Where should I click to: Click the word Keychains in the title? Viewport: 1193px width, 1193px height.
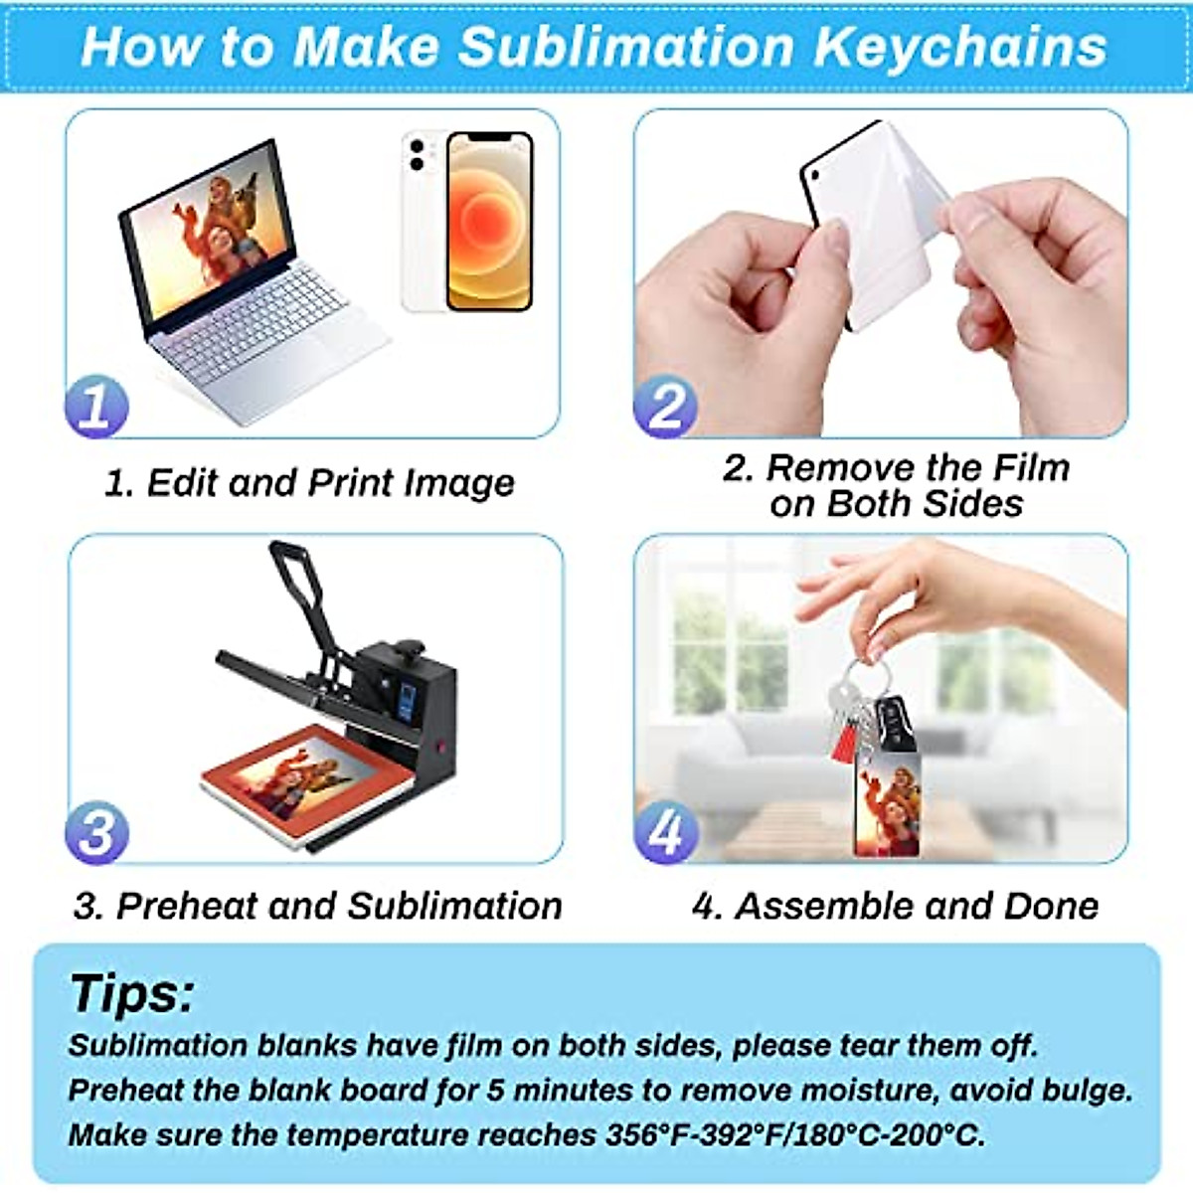point(959,47)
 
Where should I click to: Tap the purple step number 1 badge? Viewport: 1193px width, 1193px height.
point(96,407)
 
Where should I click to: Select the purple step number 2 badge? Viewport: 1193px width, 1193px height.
point(665,407)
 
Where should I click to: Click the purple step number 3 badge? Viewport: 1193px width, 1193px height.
point(96,833)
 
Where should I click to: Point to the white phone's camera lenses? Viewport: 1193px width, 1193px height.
point(417,155)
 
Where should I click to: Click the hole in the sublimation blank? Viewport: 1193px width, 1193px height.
point(813,177)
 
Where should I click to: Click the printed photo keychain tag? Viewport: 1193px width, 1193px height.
point(886,805)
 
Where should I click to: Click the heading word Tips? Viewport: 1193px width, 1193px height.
point(131,993)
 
